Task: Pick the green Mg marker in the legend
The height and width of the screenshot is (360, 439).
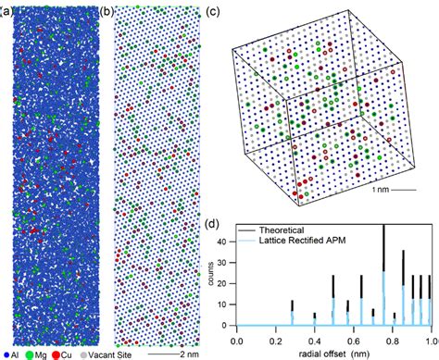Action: coord(32,354)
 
